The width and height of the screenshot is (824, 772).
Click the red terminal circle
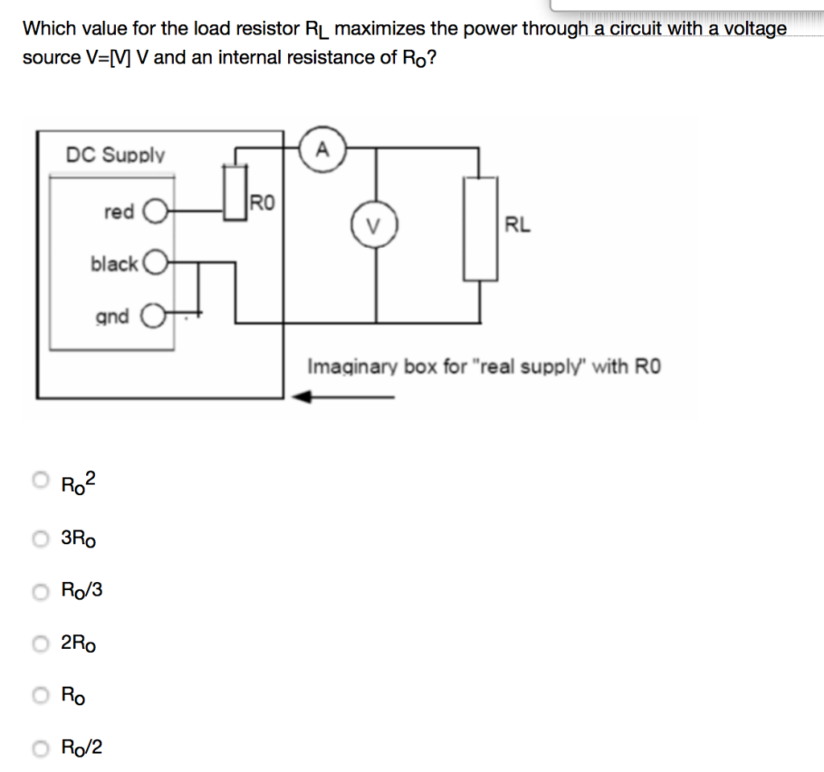tap(153, 213)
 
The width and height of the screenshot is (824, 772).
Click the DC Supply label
tap(115, 155)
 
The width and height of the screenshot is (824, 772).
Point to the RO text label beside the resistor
tap(262, 201)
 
